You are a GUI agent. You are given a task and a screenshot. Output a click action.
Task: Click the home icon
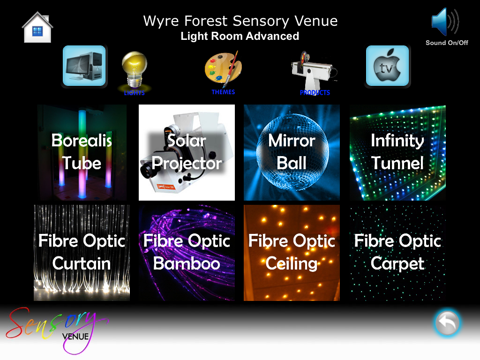coord(37,27)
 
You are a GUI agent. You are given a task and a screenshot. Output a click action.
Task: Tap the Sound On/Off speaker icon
coord(445,22)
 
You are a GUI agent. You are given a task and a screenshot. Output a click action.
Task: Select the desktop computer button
coord(84,66)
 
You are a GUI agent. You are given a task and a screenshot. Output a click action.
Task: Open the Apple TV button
coord(387,66)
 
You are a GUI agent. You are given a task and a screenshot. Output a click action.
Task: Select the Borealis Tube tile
coord(82,152)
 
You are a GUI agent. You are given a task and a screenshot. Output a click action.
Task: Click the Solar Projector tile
coord(187,152)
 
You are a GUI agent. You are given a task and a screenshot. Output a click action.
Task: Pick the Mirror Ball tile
coord(292,152)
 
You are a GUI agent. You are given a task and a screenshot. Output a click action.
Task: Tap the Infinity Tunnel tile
coord(397,152)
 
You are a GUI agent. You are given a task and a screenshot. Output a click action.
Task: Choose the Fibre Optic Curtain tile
coord(82,253)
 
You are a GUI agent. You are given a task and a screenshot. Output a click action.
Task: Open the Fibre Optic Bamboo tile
coord(187,253)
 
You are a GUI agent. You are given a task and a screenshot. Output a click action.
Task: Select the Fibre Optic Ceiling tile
coord(292,253)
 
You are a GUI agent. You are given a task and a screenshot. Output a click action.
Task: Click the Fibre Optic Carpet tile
coord(397,253)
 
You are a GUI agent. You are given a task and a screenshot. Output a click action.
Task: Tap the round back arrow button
coord(447,323)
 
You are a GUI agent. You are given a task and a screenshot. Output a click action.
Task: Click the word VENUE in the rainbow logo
coord(75,337)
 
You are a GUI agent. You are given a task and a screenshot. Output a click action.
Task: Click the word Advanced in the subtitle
coord(272,36)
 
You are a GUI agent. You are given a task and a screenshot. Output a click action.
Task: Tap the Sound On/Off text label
coord(447,43)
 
